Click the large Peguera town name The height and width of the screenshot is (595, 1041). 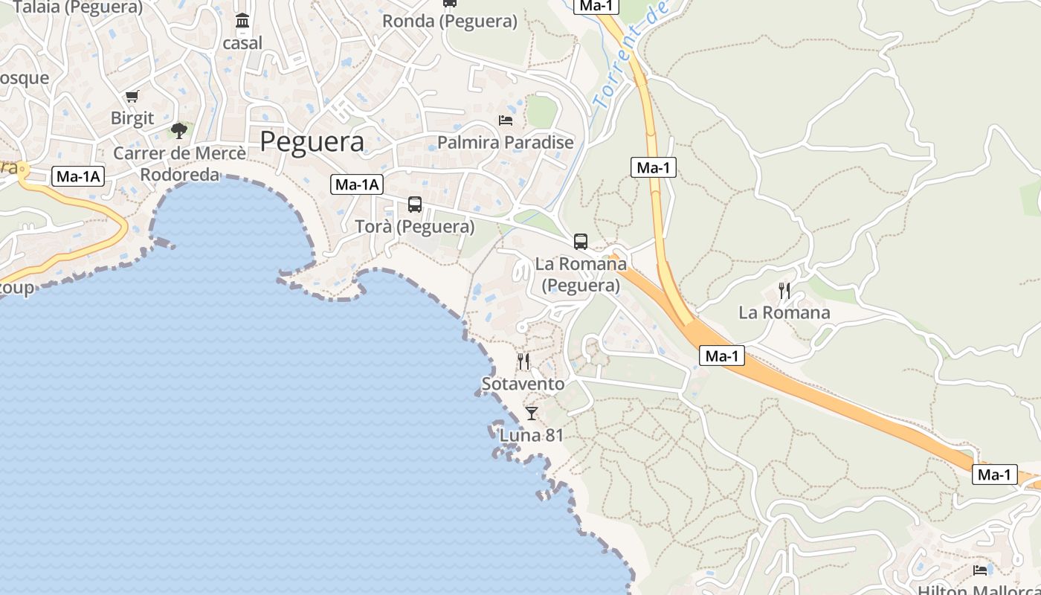[312, 141]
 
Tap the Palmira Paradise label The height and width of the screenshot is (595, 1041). [506, 142]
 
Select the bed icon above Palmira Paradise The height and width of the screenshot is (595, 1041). [506, 120]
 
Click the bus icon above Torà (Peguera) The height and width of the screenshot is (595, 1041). [415, 204]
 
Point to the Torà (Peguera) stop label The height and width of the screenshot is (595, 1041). [415, 226]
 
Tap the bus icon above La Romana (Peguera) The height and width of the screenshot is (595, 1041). [581, 241]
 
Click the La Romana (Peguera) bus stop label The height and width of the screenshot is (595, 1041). [581, 274]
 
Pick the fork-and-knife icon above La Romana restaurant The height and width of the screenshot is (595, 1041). [784, 290]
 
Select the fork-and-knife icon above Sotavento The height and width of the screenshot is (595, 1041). [523, 361]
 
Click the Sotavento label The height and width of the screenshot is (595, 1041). [523, 384]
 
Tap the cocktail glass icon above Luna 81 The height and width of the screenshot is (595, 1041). [531, 413]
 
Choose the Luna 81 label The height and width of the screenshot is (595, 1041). [531, 435]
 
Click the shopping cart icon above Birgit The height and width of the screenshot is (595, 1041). [132, 96]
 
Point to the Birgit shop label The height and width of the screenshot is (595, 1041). [132, 118]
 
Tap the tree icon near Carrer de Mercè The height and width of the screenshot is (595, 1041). [178, 131]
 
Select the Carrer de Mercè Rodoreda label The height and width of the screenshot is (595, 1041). [180, 164]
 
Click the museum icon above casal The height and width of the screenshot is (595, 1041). [242, 21]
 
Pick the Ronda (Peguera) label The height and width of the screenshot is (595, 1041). [450, 21]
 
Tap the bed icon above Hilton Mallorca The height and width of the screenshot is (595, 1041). [980, 570]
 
